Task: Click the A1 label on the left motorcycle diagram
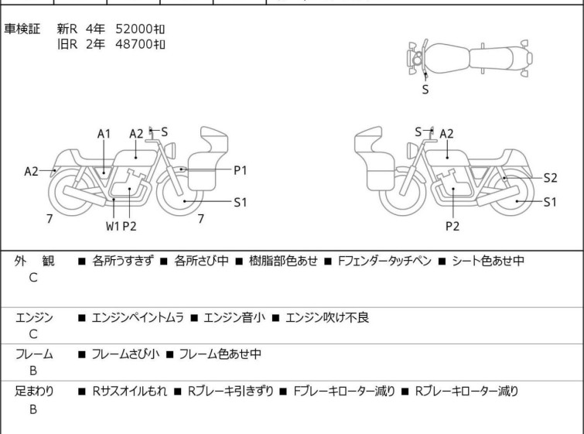point(104,134)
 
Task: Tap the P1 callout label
point(240,170)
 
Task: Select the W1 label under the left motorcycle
point(113,226)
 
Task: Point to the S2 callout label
point(550,177)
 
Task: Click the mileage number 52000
point(133,29)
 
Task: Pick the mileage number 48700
point(133,44)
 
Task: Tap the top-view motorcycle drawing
point(469,57)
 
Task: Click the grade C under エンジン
point(33,333)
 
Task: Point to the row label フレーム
point(34,354)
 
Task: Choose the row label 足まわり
point(34,391)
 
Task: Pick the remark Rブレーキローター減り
point(466,391)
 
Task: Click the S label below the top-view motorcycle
point(425,89)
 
